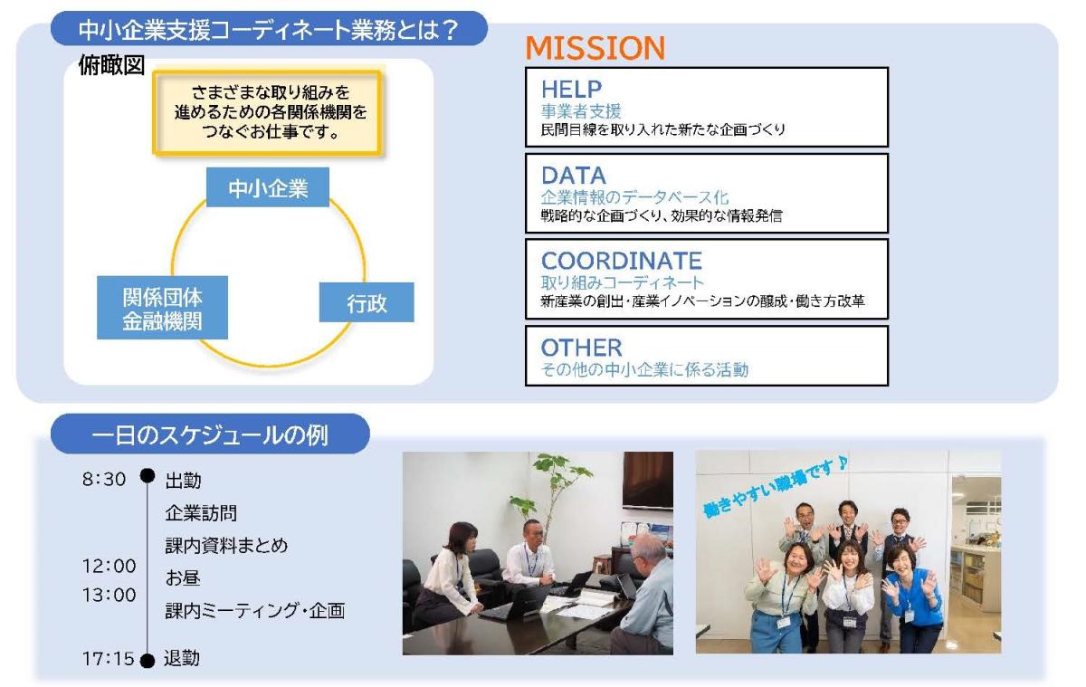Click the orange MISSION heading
pos(595,48)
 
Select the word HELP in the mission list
pos(571,90)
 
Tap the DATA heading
pos(574,175)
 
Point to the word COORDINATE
pos(621,261)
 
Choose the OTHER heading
pos(581,348)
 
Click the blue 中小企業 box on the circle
pos(268,187)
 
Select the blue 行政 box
pos(367,302)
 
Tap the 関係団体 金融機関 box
pos(162,308)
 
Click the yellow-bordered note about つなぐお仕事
pos(268,113)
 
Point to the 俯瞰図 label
pos(111,65)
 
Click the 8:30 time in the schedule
pos(104,479)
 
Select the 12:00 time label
pos(110,566)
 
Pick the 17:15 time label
pos(108,658)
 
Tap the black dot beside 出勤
pos(148,475)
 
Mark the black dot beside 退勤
pos(148,661)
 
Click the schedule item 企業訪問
pos(201,513)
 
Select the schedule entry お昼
pos(183,577)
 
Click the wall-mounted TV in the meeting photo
pos(648,481)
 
